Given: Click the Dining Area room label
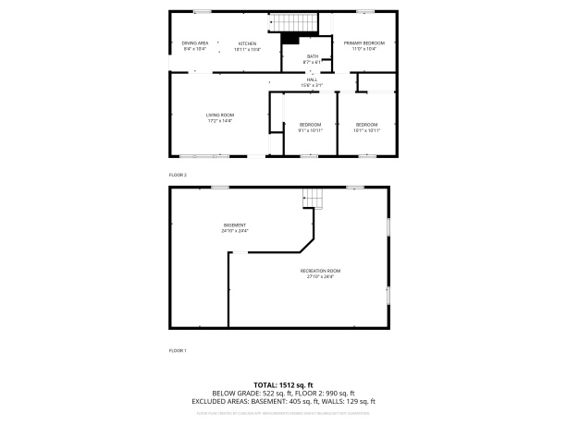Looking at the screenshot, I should [194, 43].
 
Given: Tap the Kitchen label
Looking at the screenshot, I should [247, 43].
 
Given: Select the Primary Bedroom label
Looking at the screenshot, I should [364, 43].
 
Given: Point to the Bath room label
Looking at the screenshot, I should [313, 56].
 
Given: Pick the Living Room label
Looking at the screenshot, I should [219, 115].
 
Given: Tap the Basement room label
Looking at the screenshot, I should [235, 225].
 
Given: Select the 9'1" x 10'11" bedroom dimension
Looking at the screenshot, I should [310, 130].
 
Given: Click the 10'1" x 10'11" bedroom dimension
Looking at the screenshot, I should [366, 130].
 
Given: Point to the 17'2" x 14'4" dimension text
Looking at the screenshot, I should [219, 120].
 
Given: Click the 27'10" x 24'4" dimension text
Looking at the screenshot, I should [320, 276].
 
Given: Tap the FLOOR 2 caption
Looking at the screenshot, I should [178, 175].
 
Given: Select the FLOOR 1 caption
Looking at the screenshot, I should [178, 351].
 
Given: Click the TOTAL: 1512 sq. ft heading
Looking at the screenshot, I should [283, 384].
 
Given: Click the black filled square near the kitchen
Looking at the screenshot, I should [291, 39].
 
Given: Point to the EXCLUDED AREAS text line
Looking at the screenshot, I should [283, 401].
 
